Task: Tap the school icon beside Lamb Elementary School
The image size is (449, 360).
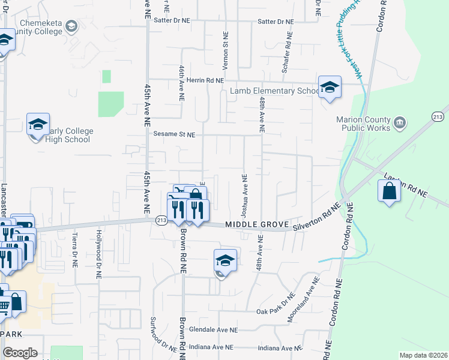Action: coord(330,87)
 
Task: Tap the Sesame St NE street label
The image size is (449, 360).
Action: coord(174,135)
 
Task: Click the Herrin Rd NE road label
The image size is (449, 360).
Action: coord(205,80)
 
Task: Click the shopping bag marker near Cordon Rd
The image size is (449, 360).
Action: coord(390,191)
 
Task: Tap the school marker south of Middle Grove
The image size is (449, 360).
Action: coord(225,260)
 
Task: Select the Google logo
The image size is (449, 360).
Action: coord(20,353)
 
